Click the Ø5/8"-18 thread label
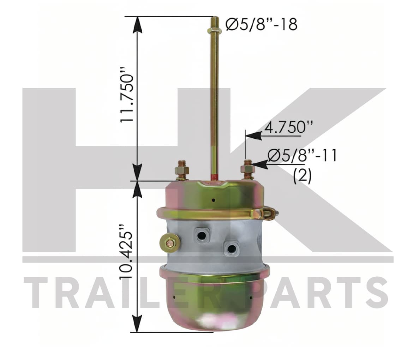pyautogui.click(x=262, y=24)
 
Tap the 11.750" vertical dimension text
pyautogui.click(x=127, y=98)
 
